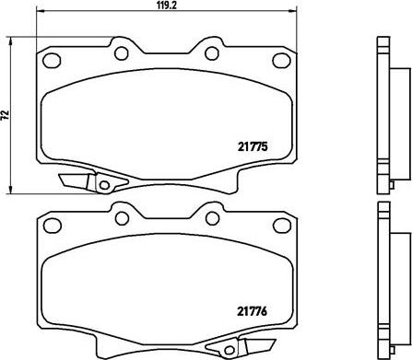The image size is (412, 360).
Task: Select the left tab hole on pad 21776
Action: (x=120, y=218)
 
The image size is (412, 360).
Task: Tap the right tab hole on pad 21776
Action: (x=212, y=218)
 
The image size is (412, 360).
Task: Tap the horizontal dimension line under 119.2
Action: (x=166, y=17)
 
